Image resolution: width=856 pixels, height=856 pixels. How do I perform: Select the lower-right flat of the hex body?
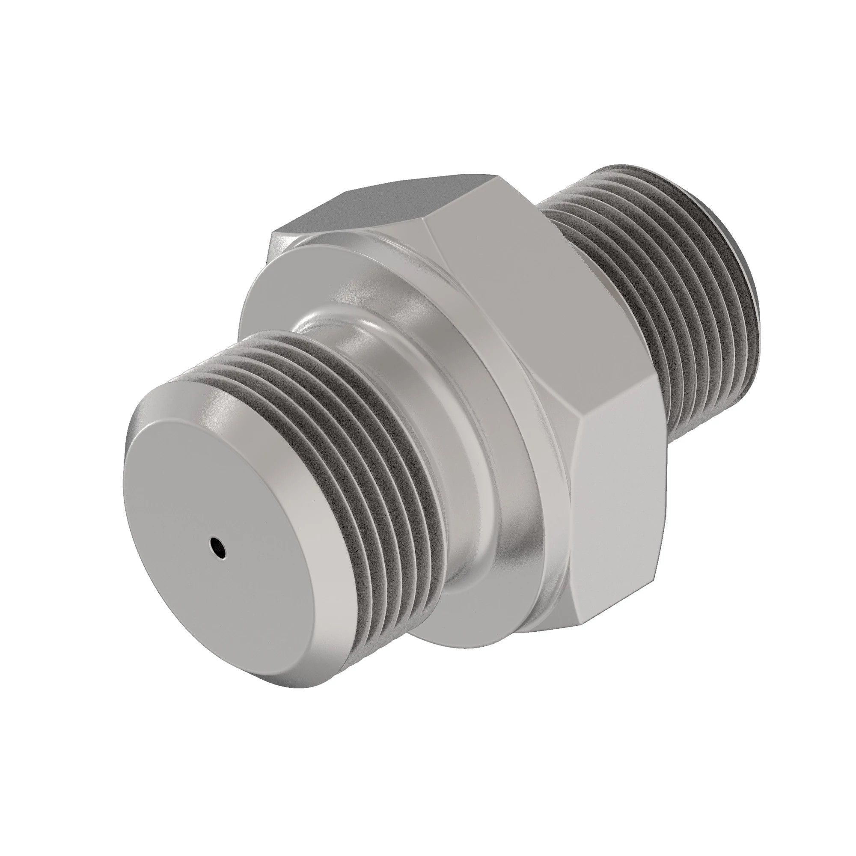[x=620, y=509]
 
